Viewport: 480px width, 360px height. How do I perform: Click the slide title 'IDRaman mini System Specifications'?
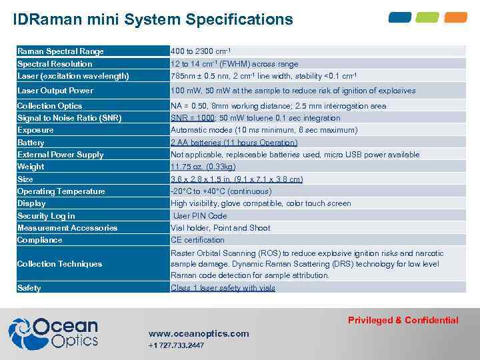(153, 19)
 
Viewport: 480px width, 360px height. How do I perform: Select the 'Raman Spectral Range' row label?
(61, 51)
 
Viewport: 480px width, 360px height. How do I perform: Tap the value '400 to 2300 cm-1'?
(201, 51)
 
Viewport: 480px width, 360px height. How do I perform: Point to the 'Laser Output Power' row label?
(55, 91)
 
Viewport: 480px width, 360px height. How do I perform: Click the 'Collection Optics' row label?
(50, 106)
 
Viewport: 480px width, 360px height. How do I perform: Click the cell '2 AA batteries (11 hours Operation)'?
(234, 143)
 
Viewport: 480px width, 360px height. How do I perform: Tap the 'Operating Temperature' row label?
(61, 191)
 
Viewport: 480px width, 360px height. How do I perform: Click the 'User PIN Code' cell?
(200, 216)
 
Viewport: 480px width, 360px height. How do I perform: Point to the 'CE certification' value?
(197, 240)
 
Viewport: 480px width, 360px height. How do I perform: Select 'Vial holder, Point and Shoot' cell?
(221, 228)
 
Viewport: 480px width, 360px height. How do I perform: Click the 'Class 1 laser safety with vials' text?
(223, 288)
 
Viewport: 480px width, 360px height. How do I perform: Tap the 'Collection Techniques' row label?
(60, 264)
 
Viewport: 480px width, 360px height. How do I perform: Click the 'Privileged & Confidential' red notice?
(403, 320)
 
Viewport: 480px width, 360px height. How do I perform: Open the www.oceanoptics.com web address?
(199, 333)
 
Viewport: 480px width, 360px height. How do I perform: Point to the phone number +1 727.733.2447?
(176, 345)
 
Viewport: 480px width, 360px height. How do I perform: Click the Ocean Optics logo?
(53, 333)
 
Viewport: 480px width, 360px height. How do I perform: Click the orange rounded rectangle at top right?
(456, 17)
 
